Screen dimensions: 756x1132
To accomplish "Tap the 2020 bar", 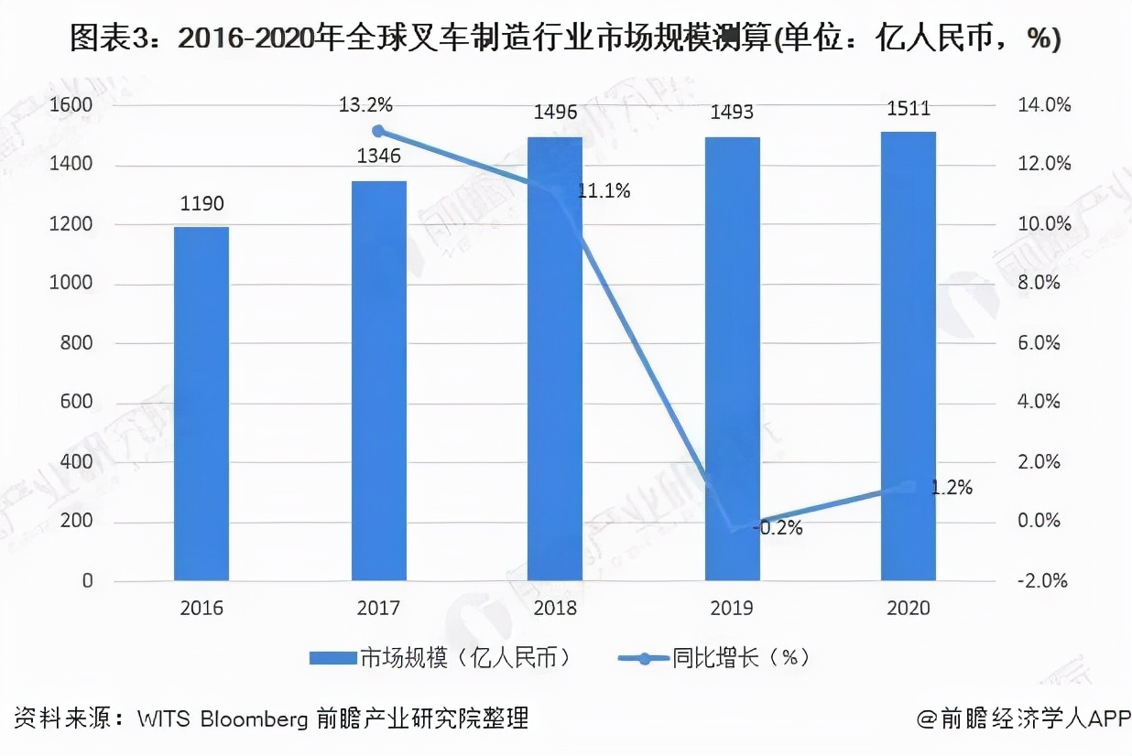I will [909, 356].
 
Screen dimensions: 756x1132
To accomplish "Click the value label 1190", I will [201, 204].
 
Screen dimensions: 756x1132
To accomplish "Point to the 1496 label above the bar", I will [555, 113].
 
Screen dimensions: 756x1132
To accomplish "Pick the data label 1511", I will [909, 109].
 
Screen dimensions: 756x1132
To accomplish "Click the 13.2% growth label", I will [367, 105].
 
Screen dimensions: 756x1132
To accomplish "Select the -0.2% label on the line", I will [777, 528].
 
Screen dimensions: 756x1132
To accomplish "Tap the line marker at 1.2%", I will [909, 488].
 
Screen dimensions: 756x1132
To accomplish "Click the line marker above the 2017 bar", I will [378, 131].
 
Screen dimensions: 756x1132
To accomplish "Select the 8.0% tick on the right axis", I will [1039, 284].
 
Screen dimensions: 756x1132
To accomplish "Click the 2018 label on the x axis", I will [555, 609].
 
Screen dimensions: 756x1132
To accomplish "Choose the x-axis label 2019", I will [732, 609].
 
